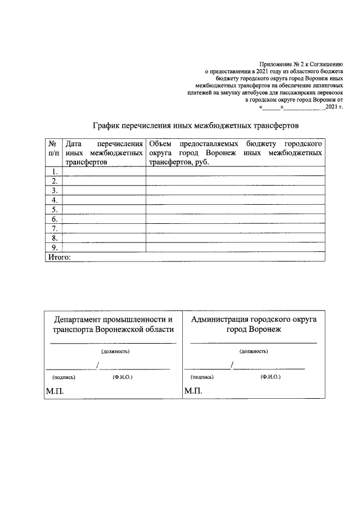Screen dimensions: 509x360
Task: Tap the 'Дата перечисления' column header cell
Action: click(104, 152)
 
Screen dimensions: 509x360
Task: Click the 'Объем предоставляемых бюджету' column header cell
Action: click(235, 152)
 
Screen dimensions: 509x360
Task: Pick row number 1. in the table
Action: click(55, 172)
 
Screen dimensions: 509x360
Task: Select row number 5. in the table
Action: click(55, 209)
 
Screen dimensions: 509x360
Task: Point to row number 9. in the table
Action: click(55, 247)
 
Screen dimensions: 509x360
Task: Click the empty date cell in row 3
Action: click(104, 191)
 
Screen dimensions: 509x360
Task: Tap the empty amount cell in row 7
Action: click(235, 228)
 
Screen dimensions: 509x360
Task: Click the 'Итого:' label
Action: click(57, 257)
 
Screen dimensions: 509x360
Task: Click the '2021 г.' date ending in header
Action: click(334, 106)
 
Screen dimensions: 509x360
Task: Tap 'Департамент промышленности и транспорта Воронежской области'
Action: click(113, 325)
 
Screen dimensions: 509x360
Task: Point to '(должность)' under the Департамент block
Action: click(115, 352)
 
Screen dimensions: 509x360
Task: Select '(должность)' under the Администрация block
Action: click(254, 351)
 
